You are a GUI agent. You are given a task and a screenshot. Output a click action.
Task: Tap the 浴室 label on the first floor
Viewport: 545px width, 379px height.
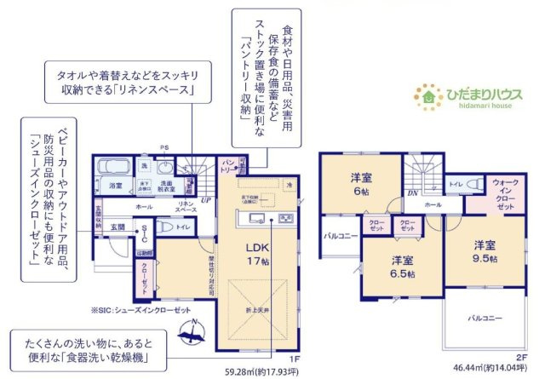tap(114, 184)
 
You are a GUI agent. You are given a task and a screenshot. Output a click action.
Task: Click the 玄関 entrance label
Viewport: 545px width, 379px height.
tap(117, 227)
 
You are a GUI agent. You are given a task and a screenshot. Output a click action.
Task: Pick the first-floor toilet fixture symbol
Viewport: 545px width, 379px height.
tap(167, 227)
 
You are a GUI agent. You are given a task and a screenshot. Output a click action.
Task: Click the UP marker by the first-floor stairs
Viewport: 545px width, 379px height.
tap(205, 200)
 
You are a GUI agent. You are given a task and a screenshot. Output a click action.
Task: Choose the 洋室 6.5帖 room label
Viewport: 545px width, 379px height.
tap(402, 266)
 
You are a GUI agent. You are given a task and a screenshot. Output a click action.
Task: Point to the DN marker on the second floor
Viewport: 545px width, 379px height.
tap(410, 193)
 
